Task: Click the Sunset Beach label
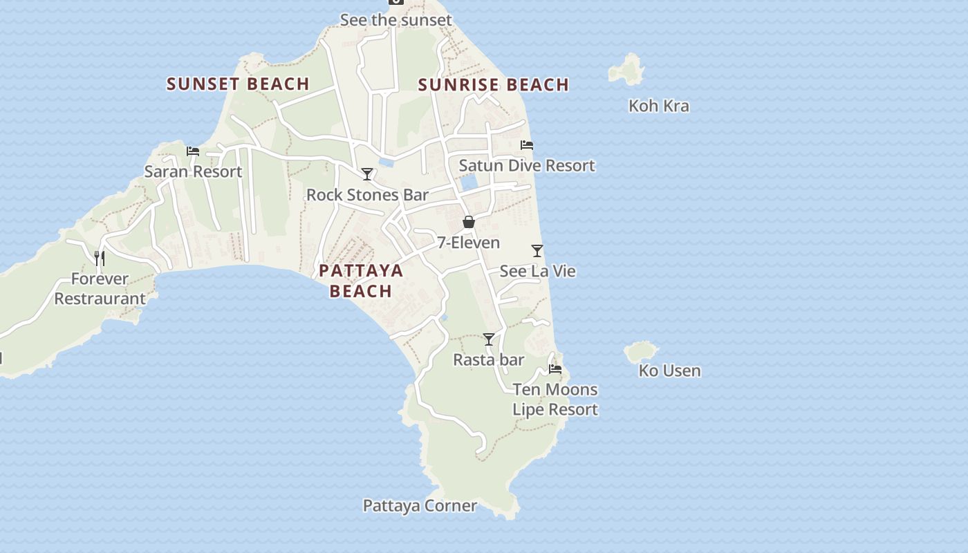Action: pos(238,84)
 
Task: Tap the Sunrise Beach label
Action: pos(494,85)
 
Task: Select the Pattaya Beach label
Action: pos(361,281)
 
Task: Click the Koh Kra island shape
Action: pos(627,70)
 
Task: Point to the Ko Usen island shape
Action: pos(641,352)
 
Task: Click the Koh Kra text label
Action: pos(658,106)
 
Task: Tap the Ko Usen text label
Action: pos(669,371)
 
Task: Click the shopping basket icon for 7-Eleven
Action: pos(469,222)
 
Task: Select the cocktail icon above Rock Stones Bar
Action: pos(367,174)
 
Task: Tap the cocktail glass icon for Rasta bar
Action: pos(489,339)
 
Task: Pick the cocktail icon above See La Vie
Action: pos(537,251)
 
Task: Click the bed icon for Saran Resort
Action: pos(193,151)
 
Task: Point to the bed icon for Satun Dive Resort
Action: pos(527,145)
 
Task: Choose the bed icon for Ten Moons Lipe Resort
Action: pos(555,369)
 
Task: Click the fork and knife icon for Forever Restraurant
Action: pos(100,259)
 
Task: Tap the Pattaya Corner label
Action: pos(420,506)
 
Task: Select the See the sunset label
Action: pos(395,20)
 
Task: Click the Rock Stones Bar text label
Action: pos(367,195)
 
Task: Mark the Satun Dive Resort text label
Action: pos(527,166)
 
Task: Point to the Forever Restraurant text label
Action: pos(100,289)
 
